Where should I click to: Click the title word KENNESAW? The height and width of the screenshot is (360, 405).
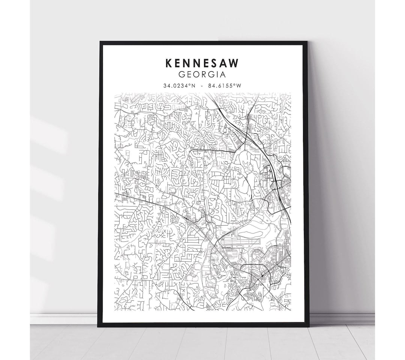click(202, 63)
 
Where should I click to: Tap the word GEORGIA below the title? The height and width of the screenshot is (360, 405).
click(202, 75)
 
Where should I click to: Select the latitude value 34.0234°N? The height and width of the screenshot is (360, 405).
click(179, 86)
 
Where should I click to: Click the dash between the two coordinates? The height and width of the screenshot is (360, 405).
click(202, 86)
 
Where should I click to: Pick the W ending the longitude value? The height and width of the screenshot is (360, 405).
click(238, 86)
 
